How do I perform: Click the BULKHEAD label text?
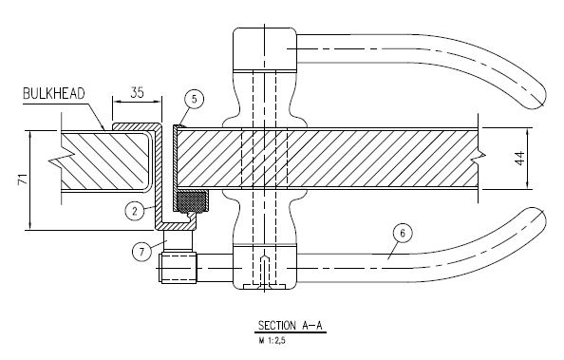pos(54,94)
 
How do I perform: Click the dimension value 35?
pos(137,92)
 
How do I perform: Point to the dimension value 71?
pos(22,179)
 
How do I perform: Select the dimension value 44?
pos(520,159)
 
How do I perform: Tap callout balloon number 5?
pos(195,99)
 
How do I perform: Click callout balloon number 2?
pos(135,211)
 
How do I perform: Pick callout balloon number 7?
pos(141,252)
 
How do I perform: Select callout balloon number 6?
pos(403,234)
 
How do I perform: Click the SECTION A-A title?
pos(291,326)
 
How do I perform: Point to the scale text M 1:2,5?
pos(272,340)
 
